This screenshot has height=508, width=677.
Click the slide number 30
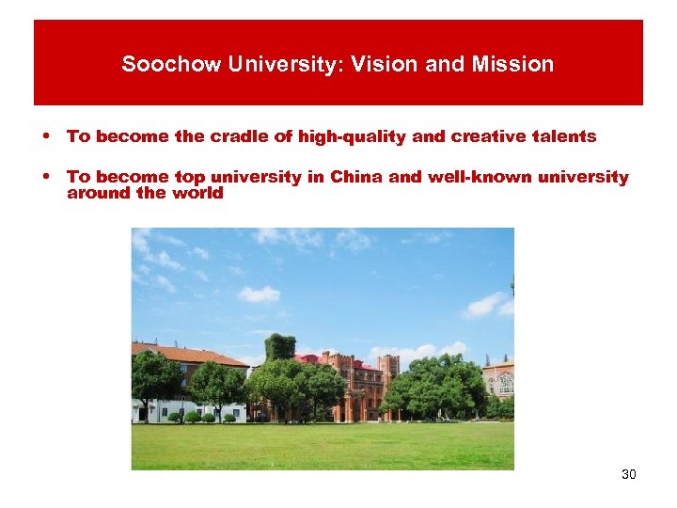click(629, 474)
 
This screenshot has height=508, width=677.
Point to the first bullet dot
click(45, 136)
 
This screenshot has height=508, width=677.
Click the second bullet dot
click(45, 177)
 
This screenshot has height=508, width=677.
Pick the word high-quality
click(353, 136)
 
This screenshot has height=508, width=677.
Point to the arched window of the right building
click(505, 383)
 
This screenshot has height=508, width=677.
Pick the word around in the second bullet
click(98, 193)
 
